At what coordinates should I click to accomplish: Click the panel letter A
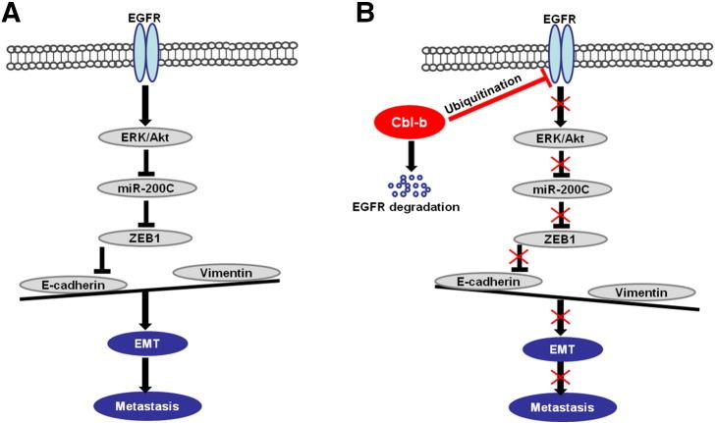[14, 14]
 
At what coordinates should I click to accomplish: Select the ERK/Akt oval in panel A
[145, 137]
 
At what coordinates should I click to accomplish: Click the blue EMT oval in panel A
[145, 344]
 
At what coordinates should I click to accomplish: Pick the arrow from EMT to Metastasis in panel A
[145, 374]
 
